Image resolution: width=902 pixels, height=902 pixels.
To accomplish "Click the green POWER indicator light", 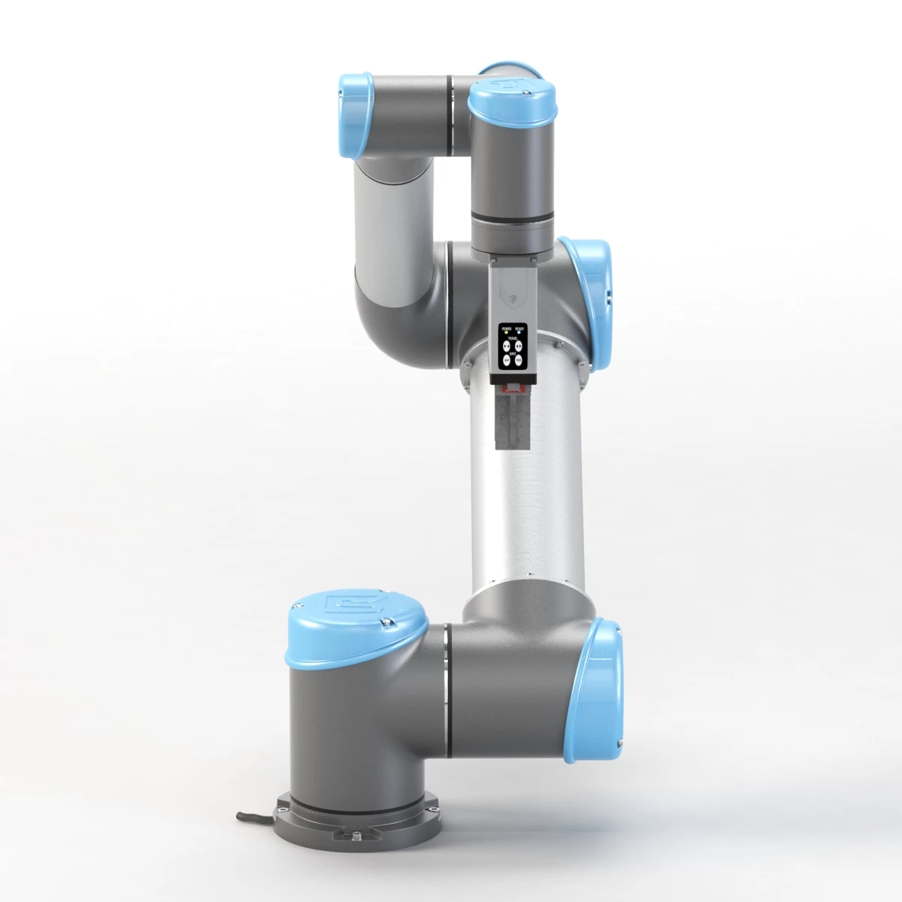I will (x=506, y=332).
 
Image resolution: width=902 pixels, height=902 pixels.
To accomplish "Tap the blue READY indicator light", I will (x=519, y=332).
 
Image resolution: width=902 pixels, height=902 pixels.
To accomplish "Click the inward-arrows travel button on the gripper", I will (x=507, y=346).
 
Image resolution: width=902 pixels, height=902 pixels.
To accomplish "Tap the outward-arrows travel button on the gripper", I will (x=519, y=346).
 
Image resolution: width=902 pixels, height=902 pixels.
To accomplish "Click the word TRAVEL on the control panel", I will (x=513, y=338).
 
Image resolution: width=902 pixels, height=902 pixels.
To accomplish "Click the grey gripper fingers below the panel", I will (x=512, y=421).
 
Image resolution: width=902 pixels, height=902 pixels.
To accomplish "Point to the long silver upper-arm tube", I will (x=526, y=489).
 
